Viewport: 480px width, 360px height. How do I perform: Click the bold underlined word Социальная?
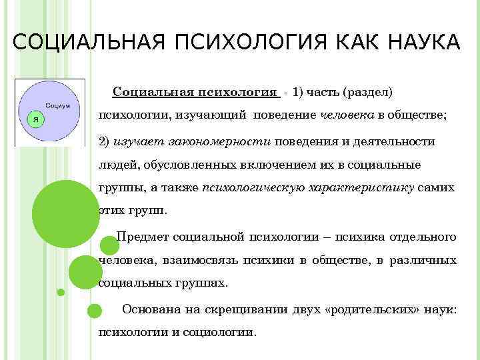(x=151, y=91)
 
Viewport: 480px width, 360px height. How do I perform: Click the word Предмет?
(x=141, y=237)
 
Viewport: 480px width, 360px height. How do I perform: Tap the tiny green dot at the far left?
(x=61, y=292)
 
